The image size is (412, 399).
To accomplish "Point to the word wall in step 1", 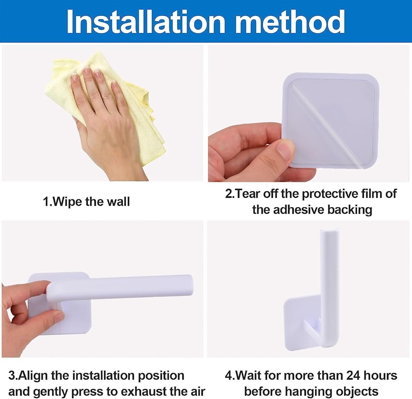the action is point(118,202).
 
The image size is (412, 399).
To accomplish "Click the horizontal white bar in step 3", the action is point(121,287).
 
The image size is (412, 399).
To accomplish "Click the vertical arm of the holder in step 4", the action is point(329,286).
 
